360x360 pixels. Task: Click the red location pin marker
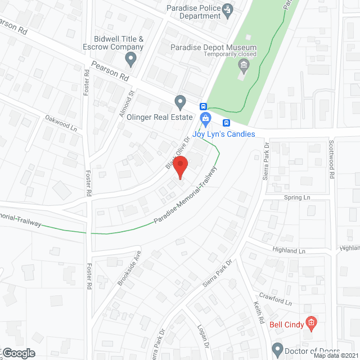pyautogui.click(x=179, y=168)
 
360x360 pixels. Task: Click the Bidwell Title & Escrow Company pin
pyautogui.click(x=131, y=58)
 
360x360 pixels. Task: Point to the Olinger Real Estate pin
pyautogui.click(x=180, y=102)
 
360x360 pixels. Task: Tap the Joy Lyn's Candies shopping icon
pyautogui.click(x=206, y=118)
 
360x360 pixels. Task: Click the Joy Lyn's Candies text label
pyautogui.click(x=224, y=134)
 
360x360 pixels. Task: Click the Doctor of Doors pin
pyautogui.click(x=277, y=349)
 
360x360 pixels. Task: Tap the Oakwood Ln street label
pyautogui.click(x=61, y=122)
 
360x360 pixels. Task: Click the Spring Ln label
pyautogui.click(x=297, y=198)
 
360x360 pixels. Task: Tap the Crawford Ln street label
pyautogui.click(x=275, y=298)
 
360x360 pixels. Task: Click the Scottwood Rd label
pyautogui.click(x=332, y=159)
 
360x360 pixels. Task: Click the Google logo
pyautogui.click(x=18, y=353)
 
